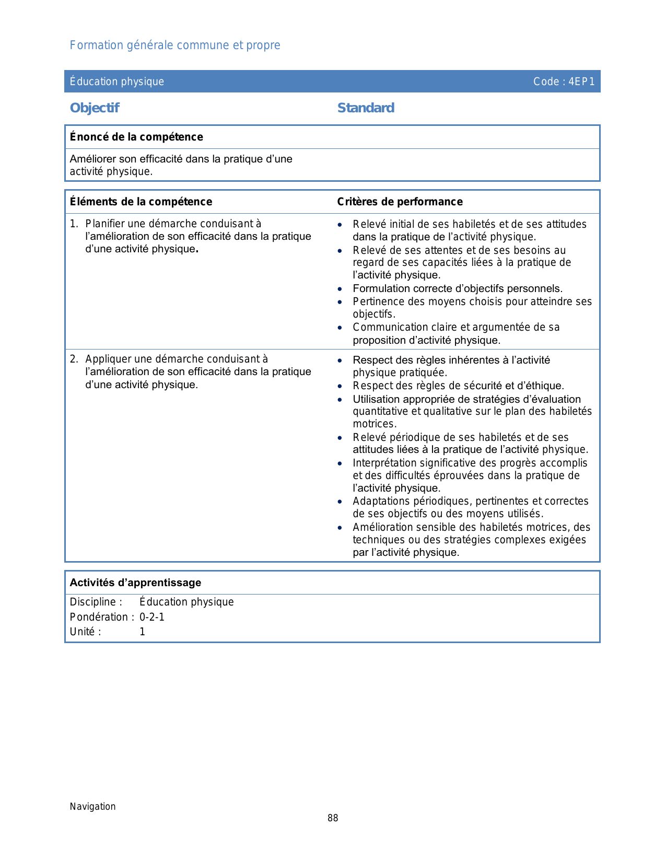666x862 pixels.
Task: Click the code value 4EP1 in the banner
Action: (581, 81)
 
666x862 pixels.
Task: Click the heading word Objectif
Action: (95, 108)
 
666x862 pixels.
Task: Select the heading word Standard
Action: (366, 108)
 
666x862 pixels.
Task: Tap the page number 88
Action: (333, 818)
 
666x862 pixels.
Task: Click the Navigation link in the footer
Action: (93, 806)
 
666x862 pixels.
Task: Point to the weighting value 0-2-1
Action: (152, 617)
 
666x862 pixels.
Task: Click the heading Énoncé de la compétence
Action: (136, 137)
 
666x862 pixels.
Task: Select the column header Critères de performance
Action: (400, 202)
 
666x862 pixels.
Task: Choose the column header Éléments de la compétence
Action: (141, 202)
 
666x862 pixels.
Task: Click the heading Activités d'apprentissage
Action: (135, 583)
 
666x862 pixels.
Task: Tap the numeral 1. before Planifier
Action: (74, 224)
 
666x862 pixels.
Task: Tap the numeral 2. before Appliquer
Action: (74, 359)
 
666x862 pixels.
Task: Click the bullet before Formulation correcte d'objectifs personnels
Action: (340, 289)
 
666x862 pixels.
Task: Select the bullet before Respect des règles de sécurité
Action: (340, 386)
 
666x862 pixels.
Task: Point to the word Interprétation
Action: (384, 463)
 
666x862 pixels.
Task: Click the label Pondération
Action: (99, 617)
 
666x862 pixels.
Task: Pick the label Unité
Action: (83, 632)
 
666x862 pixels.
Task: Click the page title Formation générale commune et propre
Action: (175, 45)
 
